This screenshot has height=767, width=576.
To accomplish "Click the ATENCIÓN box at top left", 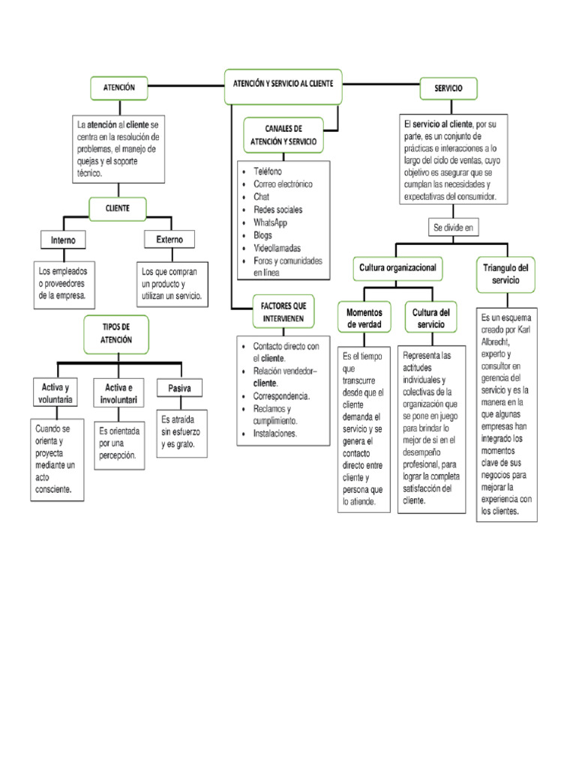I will click(x=118, y=88).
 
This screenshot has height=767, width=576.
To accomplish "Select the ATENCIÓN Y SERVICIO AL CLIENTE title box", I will click(x=283, y=82).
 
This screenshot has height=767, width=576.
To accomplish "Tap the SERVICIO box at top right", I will click(x=448, y=88).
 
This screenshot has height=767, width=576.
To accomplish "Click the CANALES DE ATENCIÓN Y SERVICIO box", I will click(x=283, y=135).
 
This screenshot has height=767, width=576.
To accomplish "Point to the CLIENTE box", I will click(x=118, y=208).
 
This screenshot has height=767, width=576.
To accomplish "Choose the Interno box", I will click(x=63, y=240).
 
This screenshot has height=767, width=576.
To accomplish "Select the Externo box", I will click(x=169, y=239).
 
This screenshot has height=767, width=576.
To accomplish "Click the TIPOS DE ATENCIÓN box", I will click(x=116, y=333).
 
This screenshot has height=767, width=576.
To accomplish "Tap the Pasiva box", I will click(x=180, y=388).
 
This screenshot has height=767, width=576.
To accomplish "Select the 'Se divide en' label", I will click(x=452, y=227).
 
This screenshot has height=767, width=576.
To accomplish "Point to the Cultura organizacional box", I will click(x=397, y=267).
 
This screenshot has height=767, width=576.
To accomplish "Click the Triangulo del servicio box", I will click(x=505, y=273).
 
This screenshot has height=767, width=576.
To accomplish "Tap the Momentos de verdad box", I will click(x=365, y=318).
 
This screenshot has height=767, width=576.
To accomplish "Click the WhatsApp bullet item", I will click(x=270, y=222).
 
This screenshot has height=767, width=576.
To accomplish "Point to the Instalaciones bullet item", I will click(x=274, y=433).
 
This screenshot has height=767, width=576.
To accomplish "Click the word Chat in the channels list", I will click(x=262, y=196).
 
